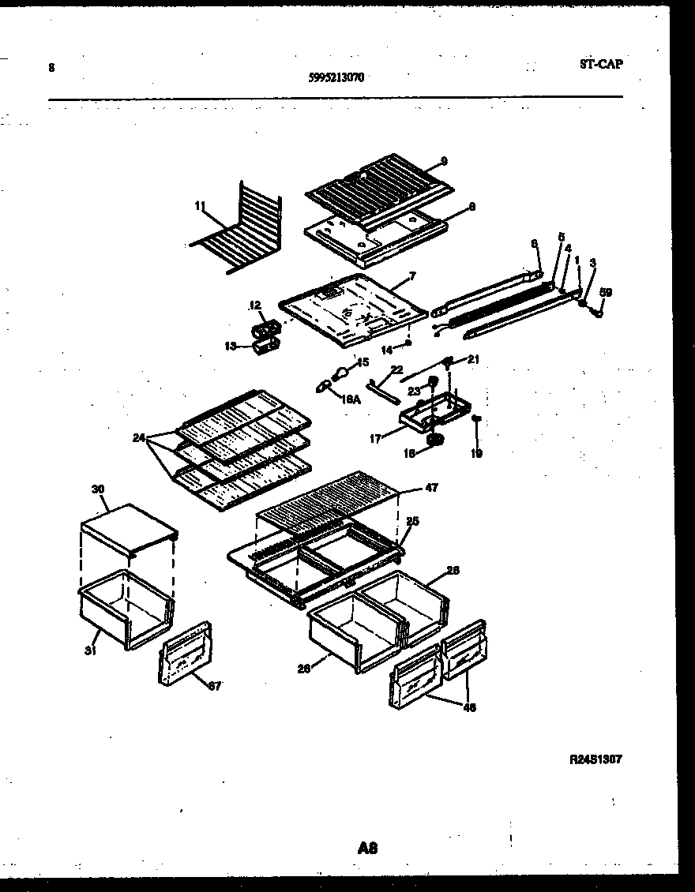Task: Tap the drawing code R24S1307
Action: [595, 759]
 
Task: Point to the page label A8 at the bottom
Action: [367, 849]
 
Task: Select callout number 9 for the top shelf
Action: [444, 161]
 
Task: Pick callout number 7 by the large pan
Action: [411, 275]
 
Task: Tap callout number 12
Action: [255, 305]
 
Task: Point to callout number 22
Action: [396, 369]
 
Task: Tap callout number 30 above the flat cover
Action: [98, 489]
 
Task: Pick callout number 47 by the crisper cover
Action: [431, 489]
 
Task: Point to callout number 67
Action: [215, 686]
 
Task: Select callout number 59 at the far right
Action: [606, 292]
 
